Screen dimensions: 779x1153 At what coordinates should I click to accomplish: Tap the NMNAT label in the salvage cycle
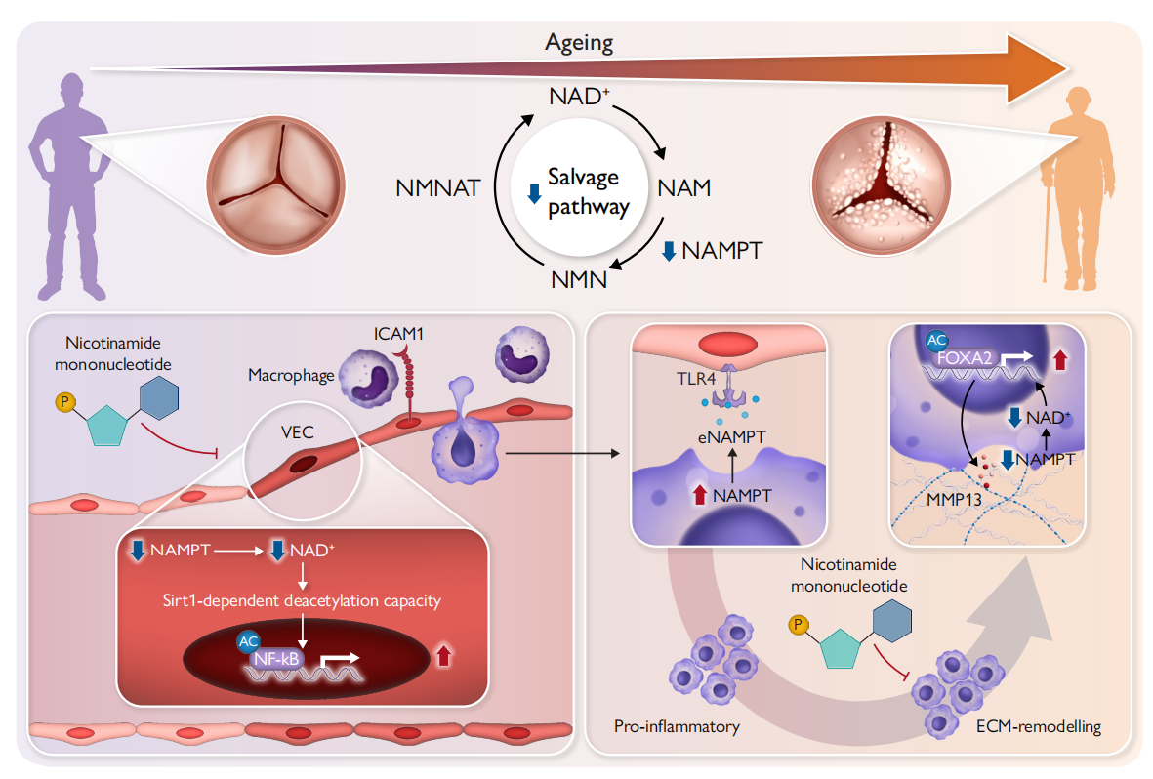click(438, 188)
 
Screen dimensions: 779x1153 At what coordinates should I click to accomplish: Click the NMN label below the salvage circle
click(578, 279)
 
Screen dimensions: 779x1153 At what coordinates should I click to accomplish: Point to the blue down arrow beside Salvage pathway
click(534, 194)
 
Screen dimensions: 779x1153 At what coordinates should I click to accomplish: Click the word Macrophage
click(290, 375)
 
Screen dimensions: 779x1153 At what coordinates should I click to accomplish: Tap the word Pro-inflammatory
click(677, 726)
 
